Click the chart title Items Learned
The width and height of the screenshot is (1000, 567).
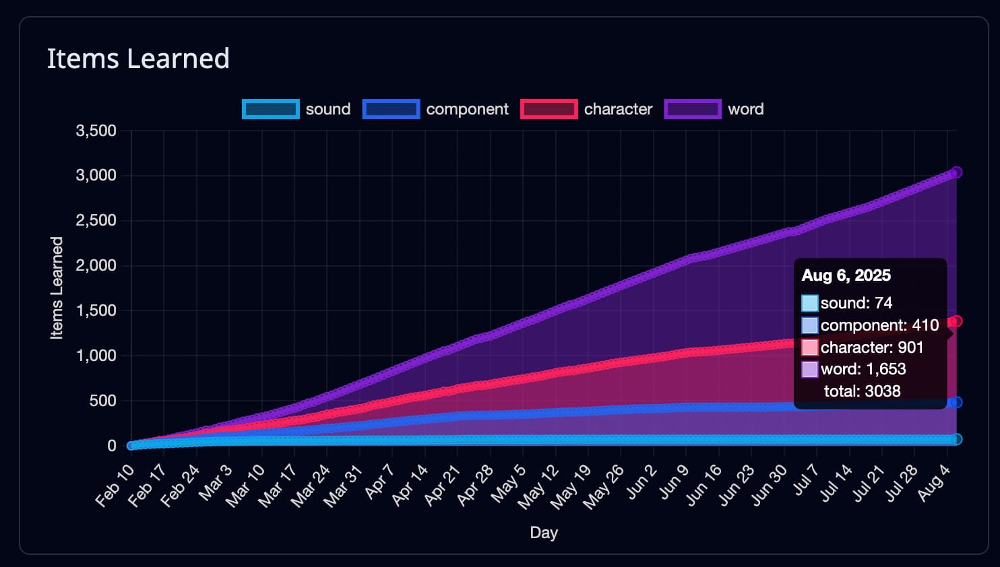click(138, 59)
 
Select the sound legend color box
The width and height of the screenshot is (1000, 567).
click(270, 109)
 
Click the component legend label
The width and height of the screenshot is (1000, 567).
click(467, 109)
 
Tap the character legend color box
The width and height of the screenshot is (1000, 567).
click(549, 109)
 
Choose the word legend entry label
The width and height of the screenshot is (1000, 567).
click(745, 109)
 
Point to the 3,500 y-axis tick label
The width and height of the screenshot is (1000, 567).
click(96, 131)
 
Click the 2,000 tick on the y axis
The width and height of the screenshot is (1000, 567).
click(96, 265)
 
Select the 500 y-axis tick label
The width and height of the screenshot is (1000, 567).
click(102, 401)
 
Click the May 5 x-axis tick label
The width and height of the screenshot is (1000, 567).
click(509, 483)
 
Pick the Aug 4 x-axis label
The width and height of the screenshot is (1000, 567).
click(935, 483)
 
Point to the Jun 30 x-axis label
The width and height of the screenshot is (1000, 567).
click(770, 484)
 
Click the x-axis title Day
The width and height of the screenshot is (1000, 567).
click(544, 533)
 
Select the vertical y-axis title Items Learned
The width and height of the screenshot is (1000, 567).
click(57, 288)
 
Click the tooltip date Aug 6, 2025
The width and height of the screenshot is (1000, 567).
click(846, 275)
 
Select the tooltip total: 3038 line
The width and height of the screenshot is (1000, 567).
click(862, 391)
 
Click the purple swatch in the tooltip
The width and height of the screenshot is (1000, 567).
click(810, 369)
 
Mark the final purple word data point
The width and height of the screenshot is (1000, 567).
click(956, 172)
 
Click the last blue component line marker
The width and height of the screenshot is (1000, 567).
click(956, 402)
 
